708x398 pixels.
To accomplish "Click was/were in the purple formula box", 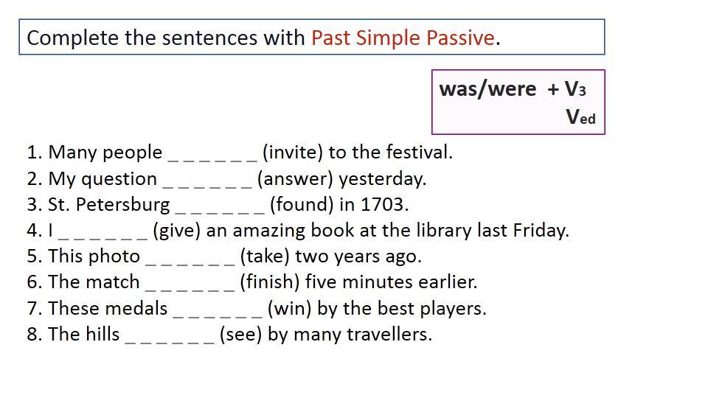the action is (x=487, y=89).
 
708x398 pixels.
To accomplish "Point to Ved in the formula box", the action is (x=580, y=116).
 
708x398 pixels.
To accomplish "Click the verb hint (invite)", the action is (x=293, y=153).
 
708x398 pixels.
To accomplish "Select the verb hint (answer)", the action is (x=295, y=179).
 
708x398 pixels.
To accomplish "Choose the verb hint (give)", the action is (x=176, y=231).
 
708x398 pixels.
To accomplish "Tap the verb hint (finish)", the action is (x=270, y=282).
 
